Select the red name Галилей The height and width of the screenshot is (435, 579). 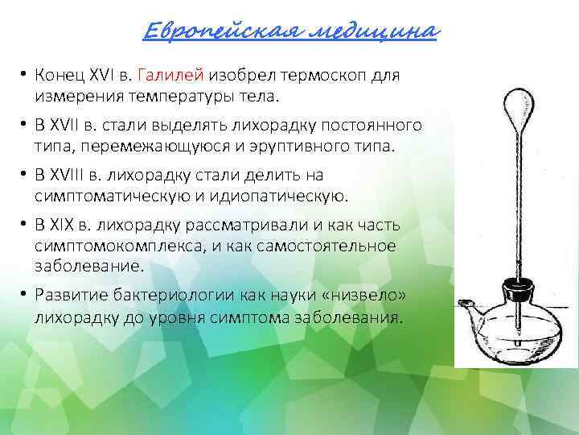click(171, 76)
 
